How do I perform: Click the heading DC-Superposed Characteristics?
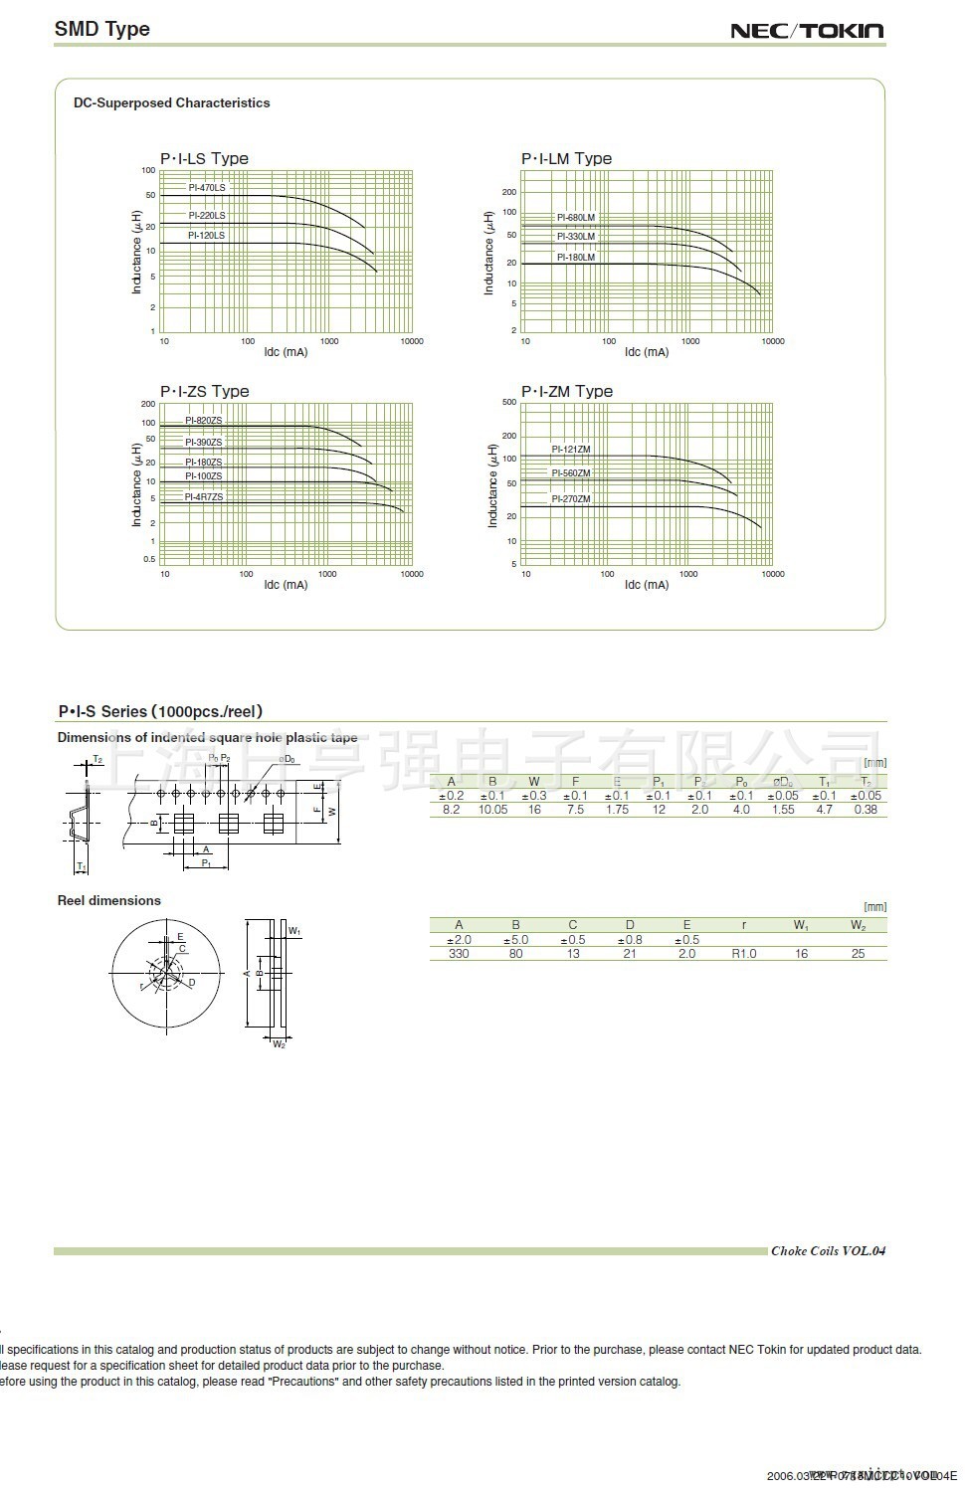pos(171,102)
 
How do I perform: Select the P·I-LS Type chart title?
pos(204,158)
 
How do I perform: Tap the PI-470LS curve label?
pos(207,188)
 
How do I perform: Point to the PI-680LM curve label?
pos(575,217)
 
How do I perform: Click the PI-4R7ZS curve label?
pos(204,496)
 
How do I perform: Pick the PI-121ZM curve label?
pos(571,450)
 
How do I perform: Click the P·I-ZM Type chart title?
pos(566,391)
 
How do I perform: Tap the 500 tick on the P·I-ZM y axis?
pos(508,403)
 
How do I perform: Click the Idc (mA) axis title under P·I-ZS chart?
pos(286,585)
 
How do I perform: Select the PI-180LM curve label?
pos(575,257)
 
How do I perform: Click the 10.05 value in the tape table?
pos(492,810)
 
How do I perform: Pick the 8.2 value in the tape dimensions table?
pos(451,810)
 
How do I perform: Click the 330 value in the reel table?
pos(459,953)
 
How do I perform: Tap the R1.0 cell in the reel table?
pos(744,953)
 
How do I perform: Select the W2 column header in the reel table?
pos(858,925)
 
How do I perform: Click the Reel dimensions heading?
pos(108,900)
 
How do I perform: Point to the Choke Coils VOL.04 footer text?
pos(828,1250)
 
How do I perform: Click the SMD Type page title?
pos(101,29)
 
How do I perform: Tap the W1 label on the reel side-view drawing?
pos(294,931)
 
